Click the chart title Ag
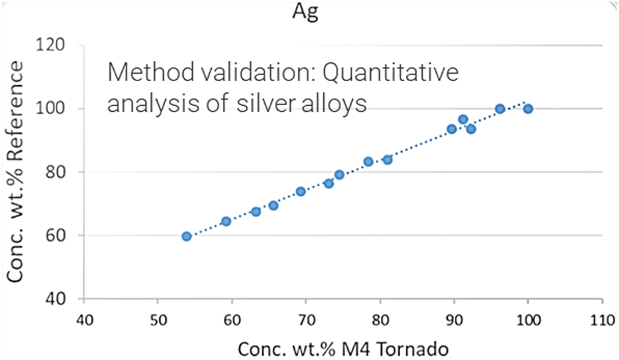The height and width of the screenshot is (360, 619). click(x=305, y=12)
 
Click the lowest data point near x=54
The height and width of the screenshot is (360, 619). click(x=186, y=236)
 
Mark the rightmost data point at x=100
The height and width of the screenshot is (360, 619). click(x=528, y=109)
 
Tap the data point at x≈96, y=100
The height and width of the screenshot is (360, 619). click(x=500, y=109)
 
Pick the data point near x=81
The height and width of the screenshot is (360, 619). click(x=387, y=160)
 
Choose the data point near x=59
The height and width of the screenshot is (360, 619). click(x=226, y=221)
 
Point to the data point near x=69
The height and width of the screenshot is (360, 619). click(x=301, y=191)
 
